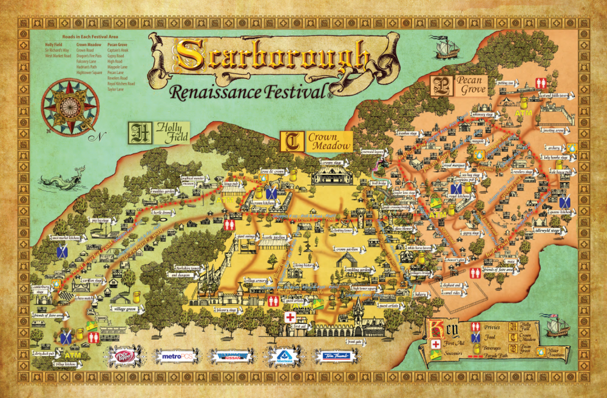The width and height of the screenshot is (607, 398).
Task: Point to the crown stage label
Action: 333,163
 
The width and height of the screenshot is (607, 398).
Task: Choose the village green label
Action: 122,308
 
